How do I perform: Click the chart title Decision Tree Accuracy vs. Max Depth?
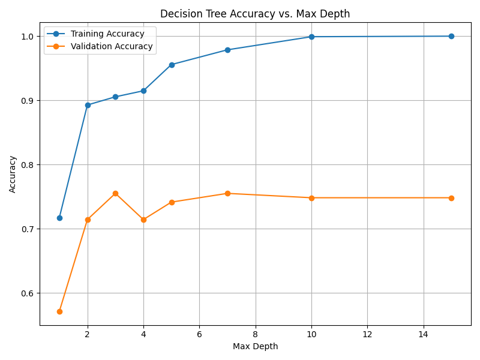255,14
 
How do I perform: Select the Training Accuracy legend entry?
107,34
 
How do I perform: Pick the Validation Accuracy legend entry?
112,46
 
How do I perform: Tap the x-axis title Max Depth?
255,346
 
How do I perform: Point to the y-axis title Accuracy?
13,174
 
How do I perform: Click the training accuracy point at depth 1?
59,218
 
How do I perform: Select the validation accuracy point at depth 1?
59,311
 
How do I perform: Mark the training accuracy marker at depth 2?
88,105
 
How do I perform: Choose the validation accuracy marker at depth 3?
115,193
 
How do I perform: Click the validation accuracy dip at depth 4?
143,220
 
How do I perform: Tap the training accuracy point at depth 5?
172,65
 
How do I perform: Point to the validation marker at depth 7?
227,193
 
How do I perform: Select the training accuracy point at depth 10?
311,37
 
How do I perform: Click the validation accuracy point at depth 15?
451,198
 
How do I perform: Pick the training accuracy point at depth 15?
451,36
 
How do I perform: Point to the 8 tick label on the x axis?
256,334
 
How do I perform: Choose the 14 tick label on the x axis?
424,334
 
